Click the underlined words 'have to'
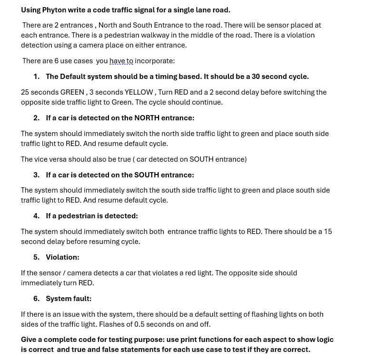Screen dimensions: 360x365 tap(121, 61)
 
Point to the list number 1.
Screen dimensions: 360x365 tap(36, 77)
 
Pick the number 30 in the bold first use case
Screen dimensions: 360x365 tap(256, 77)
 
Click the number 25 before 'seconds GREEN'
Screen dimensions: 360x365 tap(25, 92)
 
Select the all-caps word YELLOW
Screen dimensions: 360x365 tap(139, 92)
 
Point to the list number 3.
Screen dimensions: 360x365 tap(36, 175)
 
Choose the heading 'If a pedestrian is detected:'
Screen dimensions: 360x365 tap(92, 216)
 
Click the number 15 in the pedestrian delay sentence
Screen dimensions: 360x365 tap(328, 232)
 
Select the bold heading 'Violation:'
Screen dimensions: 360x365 tap(62, 257)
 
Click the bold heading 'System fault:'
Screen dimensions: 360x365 tap(69, 299)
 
